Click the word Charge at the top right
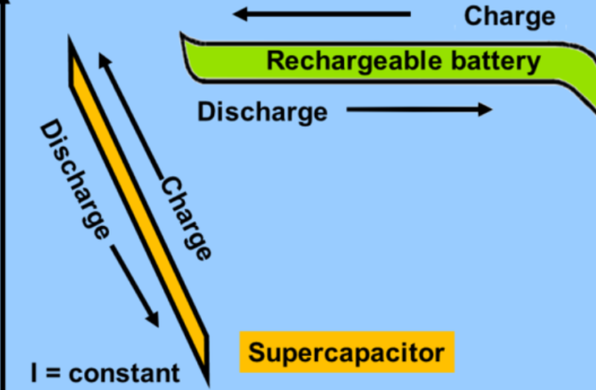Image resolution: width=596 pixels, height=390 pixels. tap(509, 15)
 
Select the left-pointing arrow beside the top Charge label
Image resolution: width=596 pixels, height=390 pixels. tap(322, 14)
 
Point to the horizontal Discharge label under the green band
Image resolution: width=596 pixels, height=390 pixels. tap(261, 111)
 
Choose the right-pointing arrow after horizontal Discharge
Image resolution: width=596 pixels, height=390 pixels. tap(419, 110)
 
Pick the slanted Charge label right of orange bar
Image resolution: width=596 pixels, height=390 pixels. tap(186, 218)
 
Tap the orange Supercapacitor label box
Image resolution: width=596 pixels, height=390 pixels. tap(346, 352)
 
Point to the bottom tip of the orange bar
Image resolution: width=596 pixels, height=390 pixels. tap(206, 372)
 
